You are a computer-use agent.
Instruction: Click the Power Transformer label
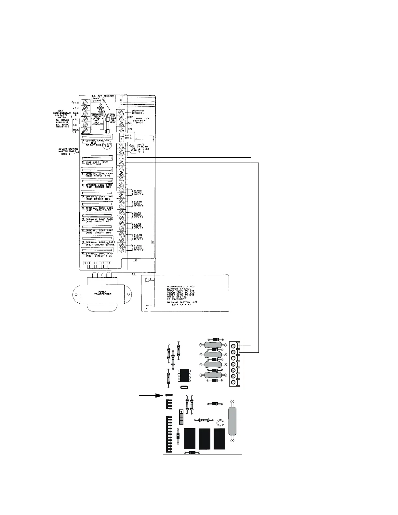[103, 293]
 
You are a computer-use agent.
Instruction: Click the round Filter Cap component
[107, 146]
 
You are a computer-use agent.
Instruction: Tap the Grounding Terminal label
[138, 112]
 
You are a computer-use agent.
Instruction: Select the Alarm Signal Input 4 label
[138, 192]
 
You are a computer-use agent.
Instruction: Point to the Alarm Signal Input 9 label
[138, 248]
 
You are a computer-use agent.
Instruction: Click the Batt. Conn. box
[128, 137]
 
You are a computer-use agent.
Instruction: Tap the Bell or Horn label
[133, 149]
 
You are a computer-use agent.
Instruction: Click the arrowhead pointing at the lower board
[159, 395]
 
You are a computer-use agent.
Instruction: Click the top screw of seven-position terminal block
[233, 346]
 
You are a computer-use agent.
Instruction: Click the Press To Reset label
[105, 110]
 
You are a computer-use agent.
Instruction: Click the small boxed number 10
[135, 260]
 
